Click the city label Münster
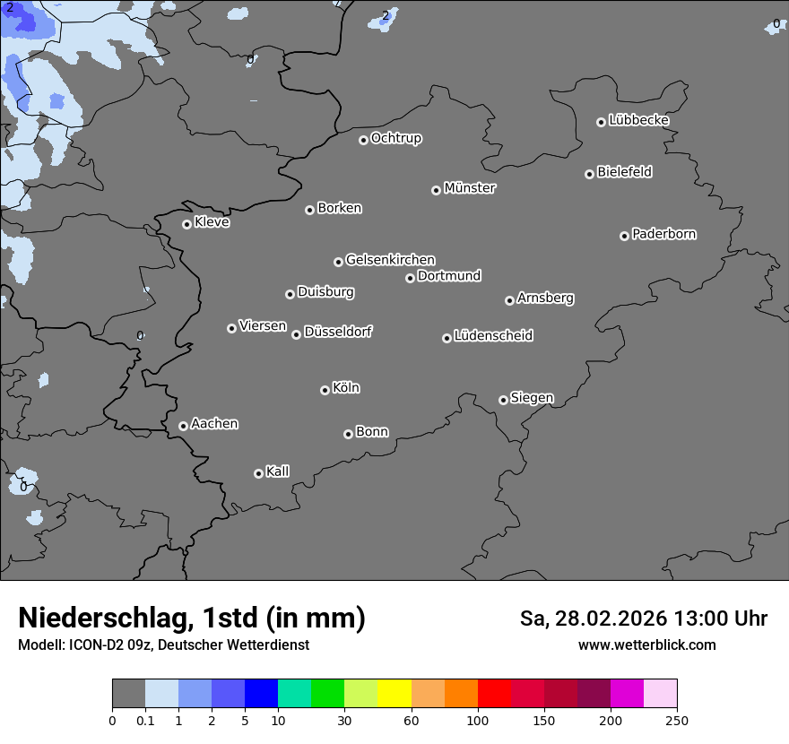pos(470,188)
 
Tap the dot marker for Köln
pos(325,390)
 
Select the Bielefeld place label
pos(624,172)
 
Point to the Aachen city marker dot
pos(183,426)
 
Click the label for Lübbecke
pos(638,120)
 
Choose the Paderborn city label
pos(663,234)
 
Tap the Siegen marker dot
pos(503,400)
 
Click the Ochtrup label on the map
pos(395,138)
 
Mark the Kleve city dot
pos(186,224)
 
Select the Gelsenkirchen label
pos(390,260)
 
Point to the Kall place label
pos(277,471)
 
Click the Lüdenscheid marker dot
pos(447,338)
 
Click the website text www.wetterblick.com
pos(646,645)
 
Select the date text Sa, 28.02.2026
pos(594,619)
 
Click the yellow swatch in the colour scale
pos(394,694)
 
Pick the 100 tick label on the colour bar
pos(478,720)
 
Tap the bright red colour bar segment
pos(494,694)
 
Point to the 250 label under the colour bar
pos(677,720)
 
